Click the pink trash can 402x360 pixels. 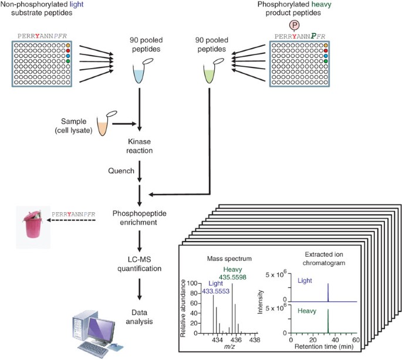tap(31, 224)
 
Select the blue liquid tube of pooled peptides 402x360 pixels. tap(136, 73)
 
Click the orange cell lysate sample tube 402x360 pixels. tap(103, 124)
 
